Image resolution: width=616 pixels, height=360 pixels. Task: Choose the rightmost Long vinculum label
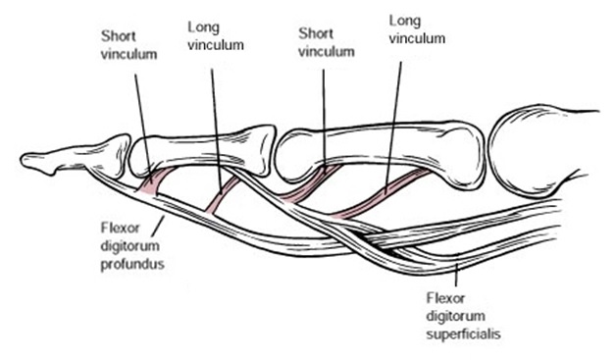tap(417, 28)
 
